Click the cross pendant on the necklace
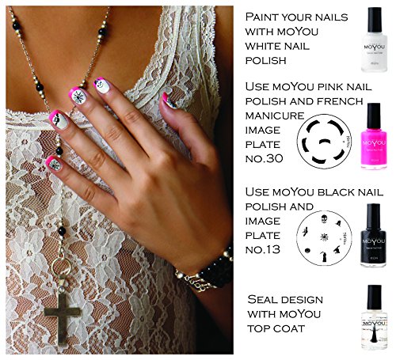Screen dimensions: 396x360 click(63, 315)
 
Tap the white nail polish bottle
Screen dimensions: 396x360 click(374, 40)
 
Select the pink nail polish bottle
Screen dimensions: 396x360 click(374, 136)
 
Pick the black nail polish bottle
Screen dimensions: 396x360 click(374, 235)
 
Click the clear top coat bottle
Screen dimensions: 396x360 click(375, 317)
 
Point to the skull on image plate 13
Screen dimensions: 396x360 click(324, 219)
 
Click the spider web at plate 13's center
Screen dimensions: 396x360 click(324, 237)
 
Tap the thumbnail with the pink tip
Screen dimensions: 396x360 click(169, 100)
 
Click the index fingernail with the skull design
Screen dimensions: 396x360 click(102, 85)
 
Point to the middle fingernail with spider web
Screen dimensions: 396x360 click(77, 97)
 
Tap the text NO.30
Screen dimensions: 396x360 click(264, 158)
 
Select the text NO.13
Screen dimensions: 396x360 click(263, 249)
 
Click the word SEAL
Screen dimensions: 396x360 click(259, 299)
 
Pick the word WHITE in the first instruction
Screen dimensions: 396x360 click(265, 46)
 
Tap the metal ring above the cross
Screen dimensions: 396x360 click(61, 267)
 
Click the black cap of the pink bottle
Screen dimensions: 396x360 click(374, 115)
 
